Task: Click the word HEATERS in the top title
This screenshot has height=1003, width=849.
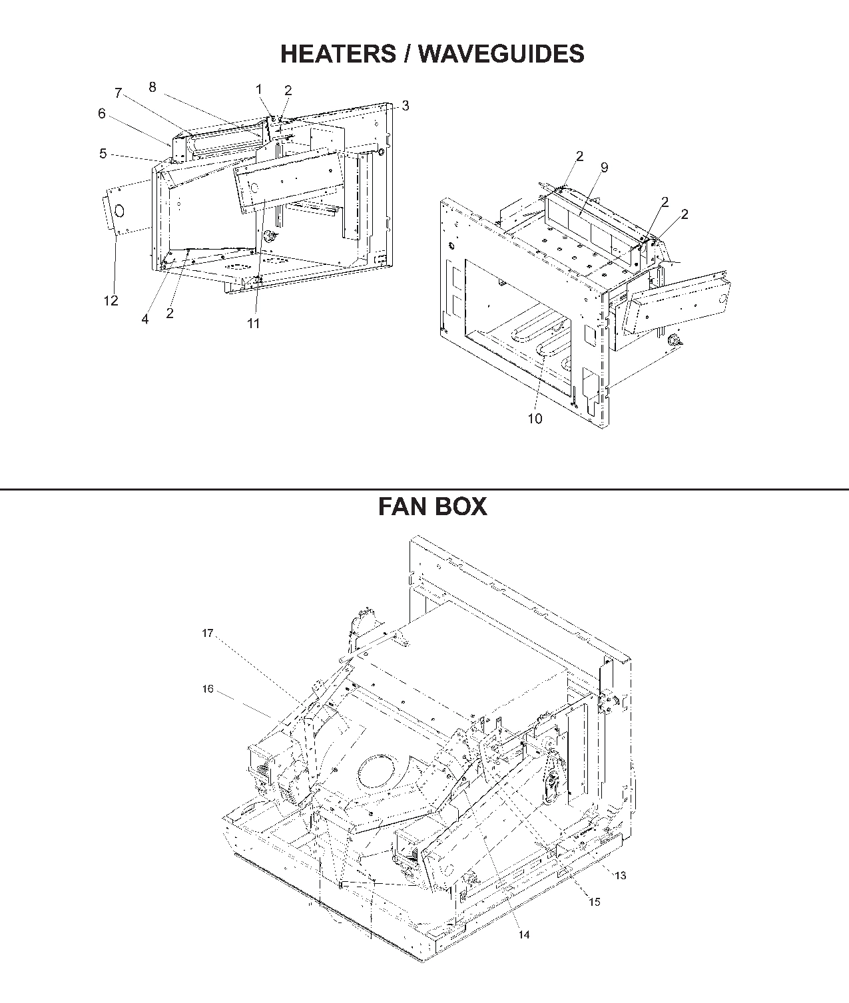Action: (337, 53)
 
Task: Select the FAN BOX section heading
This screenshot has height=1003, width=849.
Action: (432, 506)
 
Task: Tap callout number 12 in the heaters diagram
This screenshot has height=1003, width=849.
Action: (111, 301)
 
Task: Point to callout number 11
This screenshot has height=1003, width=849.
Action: (254, 323)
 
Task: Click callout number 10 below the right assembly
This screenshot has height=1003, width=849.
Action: (535, 419)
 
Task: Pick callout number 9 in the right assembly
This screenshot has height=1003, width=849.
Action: (604, 168)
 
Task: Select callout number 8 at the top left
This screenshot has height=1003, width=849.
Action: (152, 87)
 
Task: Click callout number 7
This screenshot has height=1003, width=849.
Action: (119, 93)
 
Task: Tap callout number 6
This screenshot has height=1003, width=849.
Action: (102, 114)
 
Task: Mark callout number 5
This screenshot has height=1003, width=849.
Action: (103, 154)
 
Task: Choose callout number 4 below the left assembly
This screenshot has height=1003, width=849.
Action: (145, 319)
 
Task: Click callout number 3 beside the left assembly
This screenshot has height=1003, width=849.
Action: (406, 106)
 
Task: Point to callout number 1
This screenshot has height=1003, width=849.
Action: (259, 89)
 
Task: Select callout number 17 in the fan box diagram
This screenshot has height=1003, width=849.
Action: (208, 633)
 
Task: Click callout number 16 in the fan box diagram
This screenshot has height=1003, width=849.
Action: (208, 689)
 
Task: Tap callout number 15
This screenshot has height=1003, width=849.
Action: (594, 902)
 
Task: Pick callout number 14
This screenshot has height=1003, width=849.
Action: (524, 935)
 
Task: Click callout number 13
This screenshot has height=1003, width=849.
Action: (620, 876)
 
